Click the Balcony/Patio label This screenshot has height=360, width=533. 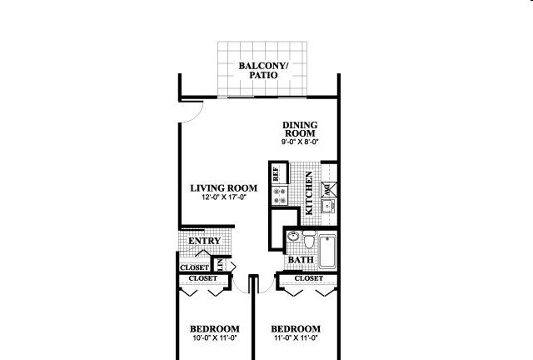(x=263, y=71)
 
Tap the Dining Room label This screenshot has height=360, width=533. (x=300, y=129)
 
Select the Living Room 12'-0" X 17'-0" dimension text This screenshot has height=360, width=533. (x=224, y=197)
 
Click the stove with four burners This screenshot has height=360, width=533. (x=280, y=196)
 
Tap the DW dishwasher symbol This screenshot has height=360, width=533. (x=329, y=189)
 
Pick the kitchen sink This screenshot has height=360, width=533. (x=328, y=206)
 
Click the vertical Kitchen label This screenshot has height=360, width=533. (x=309, y=193)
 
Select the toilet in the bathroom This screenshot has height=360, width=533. (x=309, y=239)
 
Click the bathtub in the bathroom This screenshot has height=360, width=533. (x=327, y=251)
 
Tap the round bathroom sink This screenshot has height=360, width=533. (x=292, y=236)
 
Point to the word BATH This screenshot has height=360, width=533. (x=301, y=260)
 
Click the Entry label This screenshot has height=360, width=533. (x=205, y=241)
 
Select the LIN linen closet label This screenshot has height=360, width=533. (x=220, y=265)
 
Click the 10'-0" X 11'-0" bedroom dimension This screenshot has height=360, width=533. (x=214, y=337)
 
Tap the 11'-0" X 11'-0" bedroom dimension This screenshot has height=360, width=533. (x=295, y=337)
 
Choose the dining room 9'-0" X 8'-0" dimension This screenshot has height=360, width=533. (x=300, y=142)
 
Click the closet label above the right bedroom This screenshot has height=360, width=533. (x=309, y=278)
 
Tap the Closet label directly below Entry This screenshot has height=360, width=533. (x=194, y=267)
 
